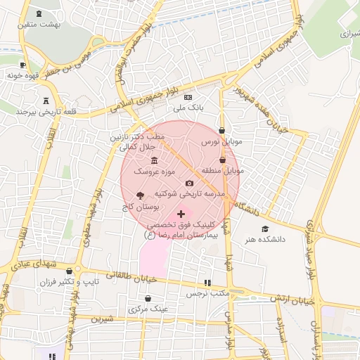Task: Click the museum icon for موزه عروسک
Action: pos(154,161)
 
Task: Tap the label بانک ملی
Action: pos(188,108)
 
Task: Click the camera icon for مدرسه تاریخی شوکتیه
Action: pos(189,183)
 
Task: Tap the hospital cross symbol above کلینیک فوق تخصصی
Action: pos(181,214)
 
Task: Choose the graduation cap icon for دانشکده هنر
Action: pos(265,229)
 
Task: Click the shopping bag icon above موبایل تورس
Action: pos(222,130)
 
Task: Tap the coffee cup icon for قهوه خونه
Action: pos(23,65)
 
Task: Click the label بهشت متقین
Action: pos(41,25)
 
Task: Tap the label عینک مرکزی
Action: pos(148,309)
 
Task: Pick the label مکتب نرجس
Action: pos(207,294)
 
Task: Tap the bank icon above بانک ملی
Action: pos(188,97)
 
